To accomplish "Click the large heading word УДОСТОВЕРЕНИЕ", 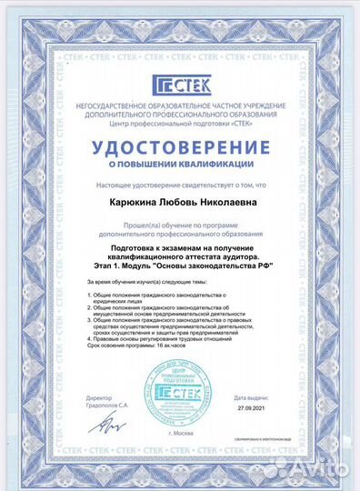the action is [x=180, y=147].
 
